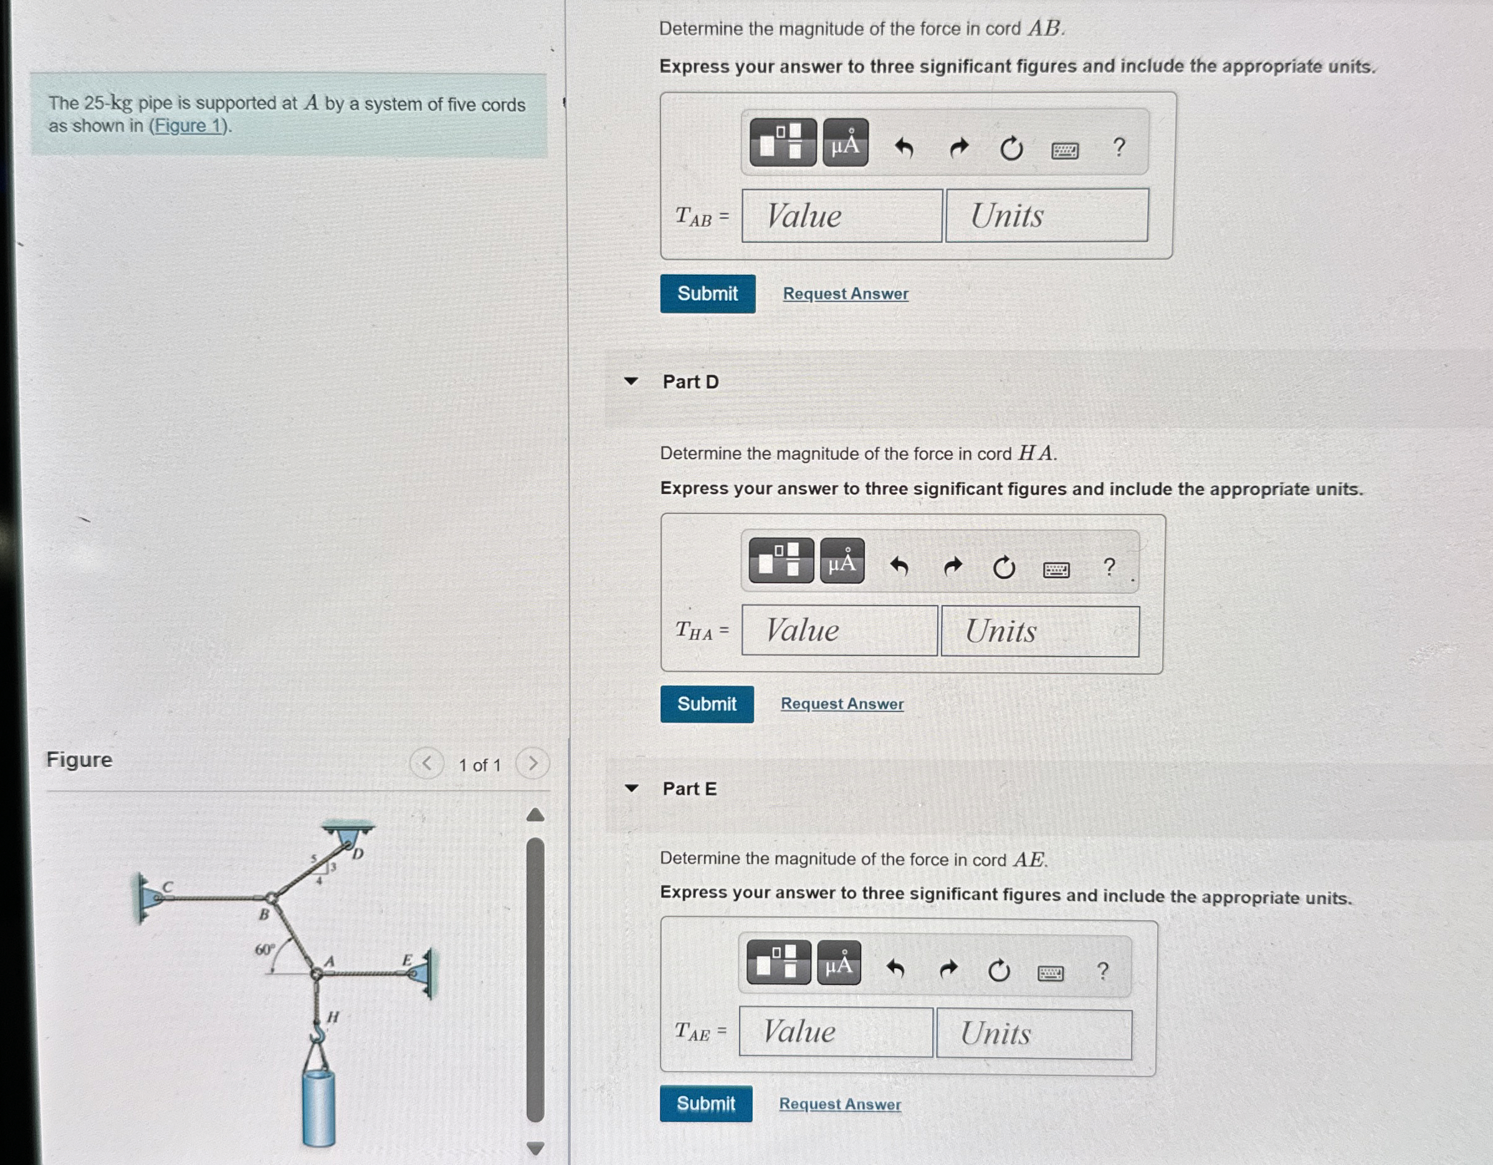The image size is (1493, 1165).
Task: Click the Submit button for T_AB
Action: pyautogui.click(x=707, y=294)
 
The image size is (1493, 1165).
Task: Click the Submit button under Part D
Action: pyautogui.click(x=707, y=704)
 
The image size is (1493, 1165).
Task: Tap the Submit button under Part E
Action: pyautogui.click(x=705, y=1103)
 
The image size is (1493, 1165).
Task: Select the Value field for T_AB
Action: pyautogui.click(x=841, y=216)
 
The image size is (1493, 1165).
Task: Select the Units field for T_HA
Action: pyautogui.click(x=1039, y=631)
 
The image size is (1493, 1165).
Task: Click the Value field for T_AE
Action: pyautogui.click(x=836, y=1032)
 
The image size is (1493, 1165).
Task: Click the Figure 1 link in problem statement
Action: pyautogui.click(x=189, y=126)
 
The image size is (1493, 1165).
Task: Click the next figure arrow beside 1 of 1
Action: pyautogui.click(x=533, y=763)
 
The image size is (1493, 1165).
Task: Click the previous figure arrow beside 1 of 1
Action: pyautogui.click(x=427, y=763)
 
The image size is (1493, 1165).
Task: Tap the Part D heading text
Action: pyautogui.click(x=690, y=382)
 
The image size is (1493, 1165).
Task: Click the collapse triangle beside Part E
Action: pyautogui.click(x=632, y=789)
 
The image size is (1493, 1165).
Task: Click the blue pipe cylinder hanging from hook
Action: pyautogui.click(x=318, y=1107)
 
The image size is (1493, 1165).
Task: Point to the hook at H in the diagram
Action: pyautogui.click(x=318, y=1032)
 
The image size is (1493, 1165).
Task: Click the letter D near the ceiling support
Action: pyautogui.click(x=358, y=854)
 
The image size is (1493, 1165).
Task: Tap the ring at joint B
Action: pyautogui.click(x=272, y=898)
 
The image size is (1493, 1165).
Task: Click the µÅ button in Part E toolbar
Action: pyautogui.click(x=839, y=962)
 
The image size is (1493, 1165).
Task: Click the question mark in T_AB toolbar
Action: pyautogui.click(x=1119, y=147)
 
